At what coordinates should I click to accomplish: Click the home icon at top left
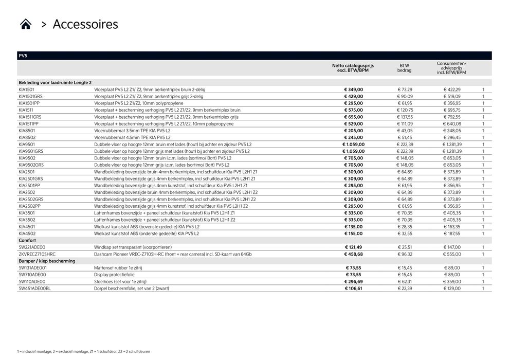pyautogui.click(x=26, y=24)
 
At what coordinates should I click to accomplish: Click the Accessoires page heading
pyautogui.click(x=85, y=24)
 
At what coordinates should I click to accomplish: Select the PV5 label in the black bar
pyautogui.click(x=23, y=56)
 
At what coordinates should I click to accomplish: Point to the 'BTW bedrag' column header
pyautogui.click(x=404, y=68)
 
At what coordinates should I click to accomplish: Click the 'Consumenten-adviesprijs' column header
pyautogui.click(x=451, y=68)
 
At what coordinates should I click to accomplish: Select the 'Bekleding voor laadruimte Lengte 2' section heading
pyautogui.click(x=55, y=82)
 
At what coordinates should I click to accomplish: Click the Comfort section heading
pyautogui.click(x=27, y=240)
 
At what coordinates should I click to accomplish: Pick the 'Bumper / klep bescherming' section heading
pyautogui.click(x=47, y=261)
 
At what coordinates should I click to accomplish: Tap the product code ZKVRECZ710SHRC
pyautogui.click(x=37, y=254)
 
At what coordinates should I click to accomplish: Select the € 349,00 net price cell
pyautogui.click(x=353, y=89)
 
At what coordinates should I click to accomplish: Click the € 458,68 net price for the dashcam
pyautogui.click(x=353, y=254)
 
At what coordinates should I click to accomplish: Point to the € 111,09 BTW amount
pyautogui.click(x=405, y=124)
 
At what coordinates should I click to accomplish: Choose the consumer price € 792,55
pyautogui.click(x=452, y=117)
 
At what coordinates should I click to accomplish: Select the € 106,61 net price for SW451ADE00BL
pyautogui.click(x=353, y=289)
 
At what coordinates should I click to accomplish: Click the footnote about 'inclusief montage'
pyautogui.click(x=83, y=351)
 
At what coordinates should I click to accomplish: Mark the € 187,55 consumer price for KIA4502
pyautogui.click(x=452, y=233)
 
